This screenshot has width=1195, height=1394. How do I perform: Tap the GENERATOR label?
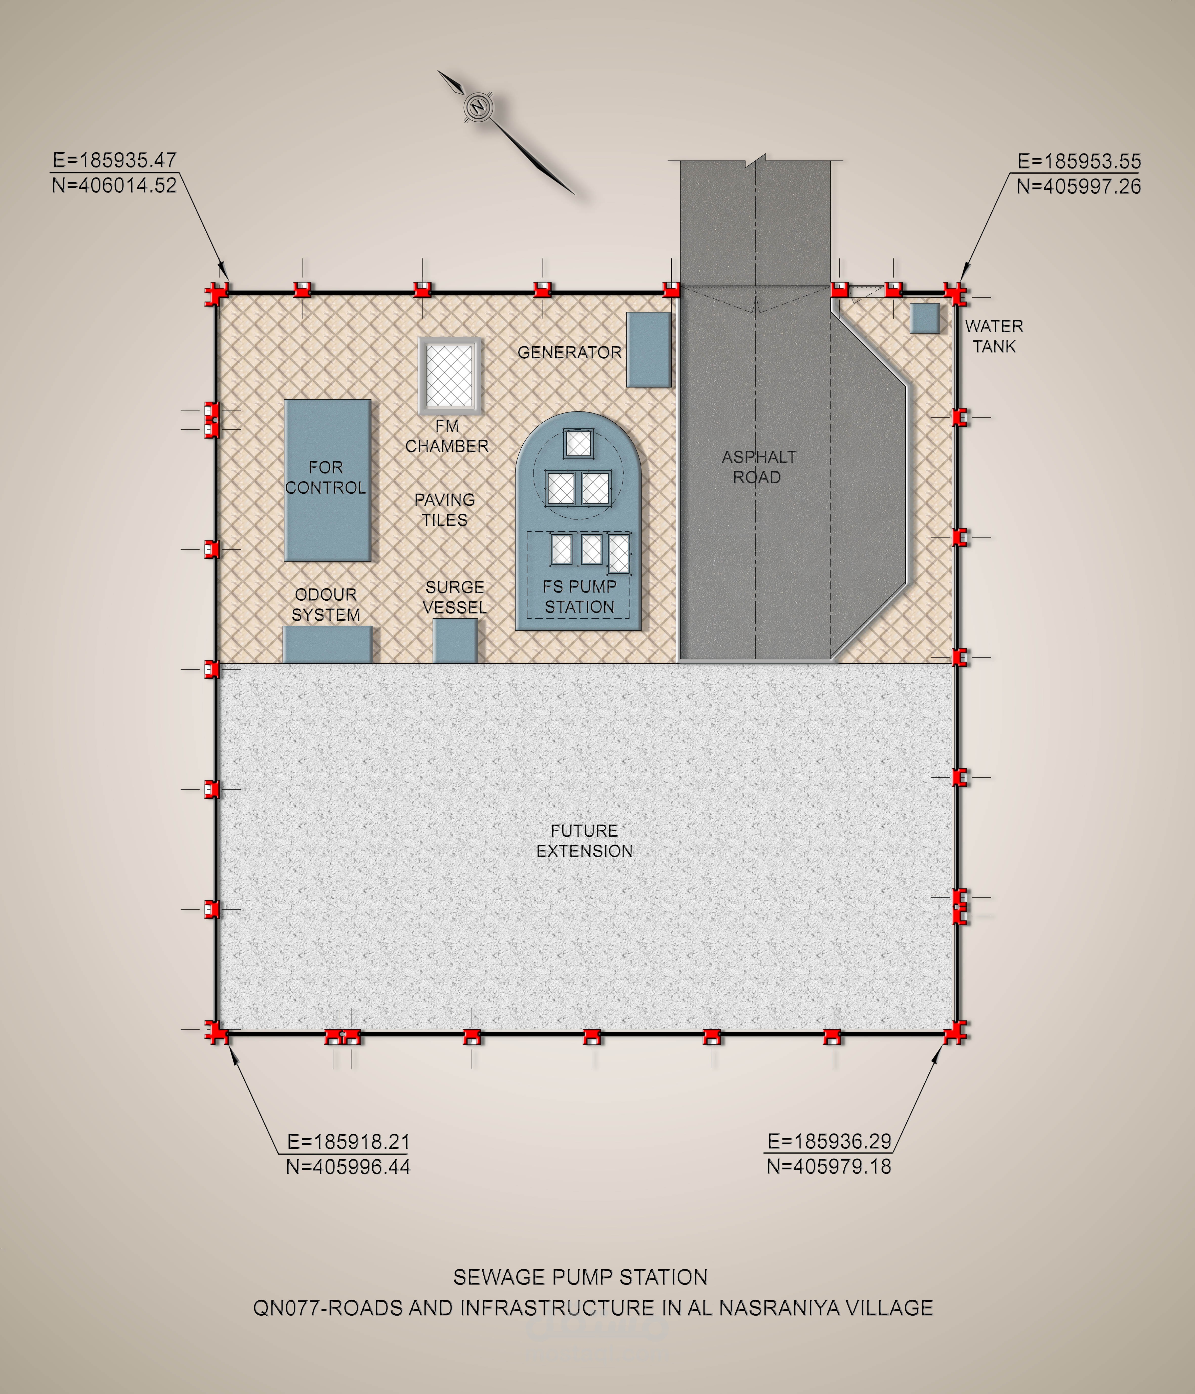click(569, 353)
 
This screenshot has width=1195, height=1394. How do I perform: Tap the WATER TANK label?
click(994, 336)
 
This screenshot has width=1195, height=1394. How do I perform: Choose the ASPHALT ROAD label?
click(758, 467)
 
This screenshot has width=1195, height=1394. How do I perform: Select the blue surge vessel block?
click(456, 641)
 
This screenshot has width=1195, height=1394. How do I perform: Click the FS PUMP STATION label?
click(579, 597)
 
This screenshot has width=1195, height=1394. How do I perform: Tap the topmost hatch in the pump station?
click(577, 443)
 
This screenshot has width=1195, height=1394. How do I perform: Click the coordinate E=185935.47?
click(114, 160)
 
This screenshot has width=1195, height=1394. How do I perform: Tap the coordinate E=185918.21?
click(348, 1142)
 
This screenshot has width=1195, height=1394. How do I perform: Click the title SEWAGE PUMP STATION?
click(580, 1277)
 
